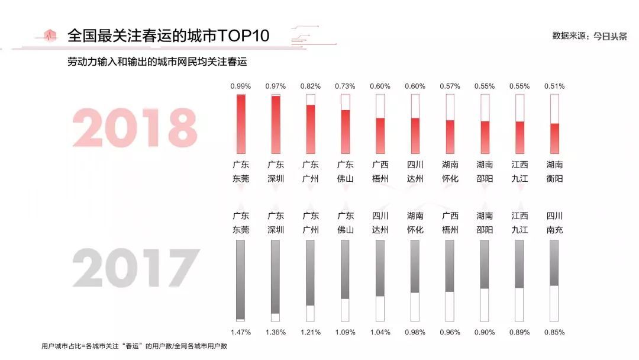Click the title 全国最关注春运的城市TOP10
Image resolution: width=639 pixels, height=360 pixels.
(x=168, y=36)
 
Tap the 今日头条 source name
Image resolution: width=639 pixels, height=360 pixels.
(x=610, y=36)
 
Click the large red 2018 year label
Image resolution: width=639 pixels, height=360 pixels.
(x=134, y=127)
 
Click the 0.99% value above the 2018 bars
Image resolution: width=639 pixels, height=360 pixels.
(x=241, y=86)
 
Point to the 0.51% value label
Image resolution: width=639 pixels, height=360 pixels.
(x=554, y=86)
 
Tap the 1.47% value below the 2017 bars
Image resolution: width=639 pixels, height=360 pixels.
(x=241, y=332)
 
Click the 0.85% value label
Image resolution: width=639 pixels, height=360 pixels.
(x=554, y=332)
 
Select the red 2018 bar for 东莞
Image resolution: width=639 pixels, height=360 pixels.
(x=241, y=124)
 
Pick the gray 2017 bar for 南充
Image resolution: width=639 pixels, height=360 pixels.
(x=554, y=263)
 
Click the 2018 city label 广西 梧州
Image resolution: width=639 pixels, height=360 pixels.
(x=380, y=171)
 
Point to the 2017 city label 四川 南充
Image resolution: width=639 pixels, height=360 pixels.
(x=554, y=223)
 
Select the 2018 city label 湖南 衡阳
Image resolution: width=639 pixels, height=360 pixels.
(x=554, y=171)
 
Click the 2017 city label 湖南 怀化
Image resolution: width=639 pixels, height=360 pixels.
(x=415, y=223)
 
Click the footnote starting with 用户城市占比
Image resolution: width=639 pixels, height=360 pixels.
(x=134, y=346)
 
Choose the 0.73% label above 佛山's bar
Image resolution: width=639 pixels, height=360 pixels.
(x=345, y=86)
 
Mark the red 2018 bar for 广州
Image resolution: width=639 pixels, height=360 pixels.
(x=311, y=128)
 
